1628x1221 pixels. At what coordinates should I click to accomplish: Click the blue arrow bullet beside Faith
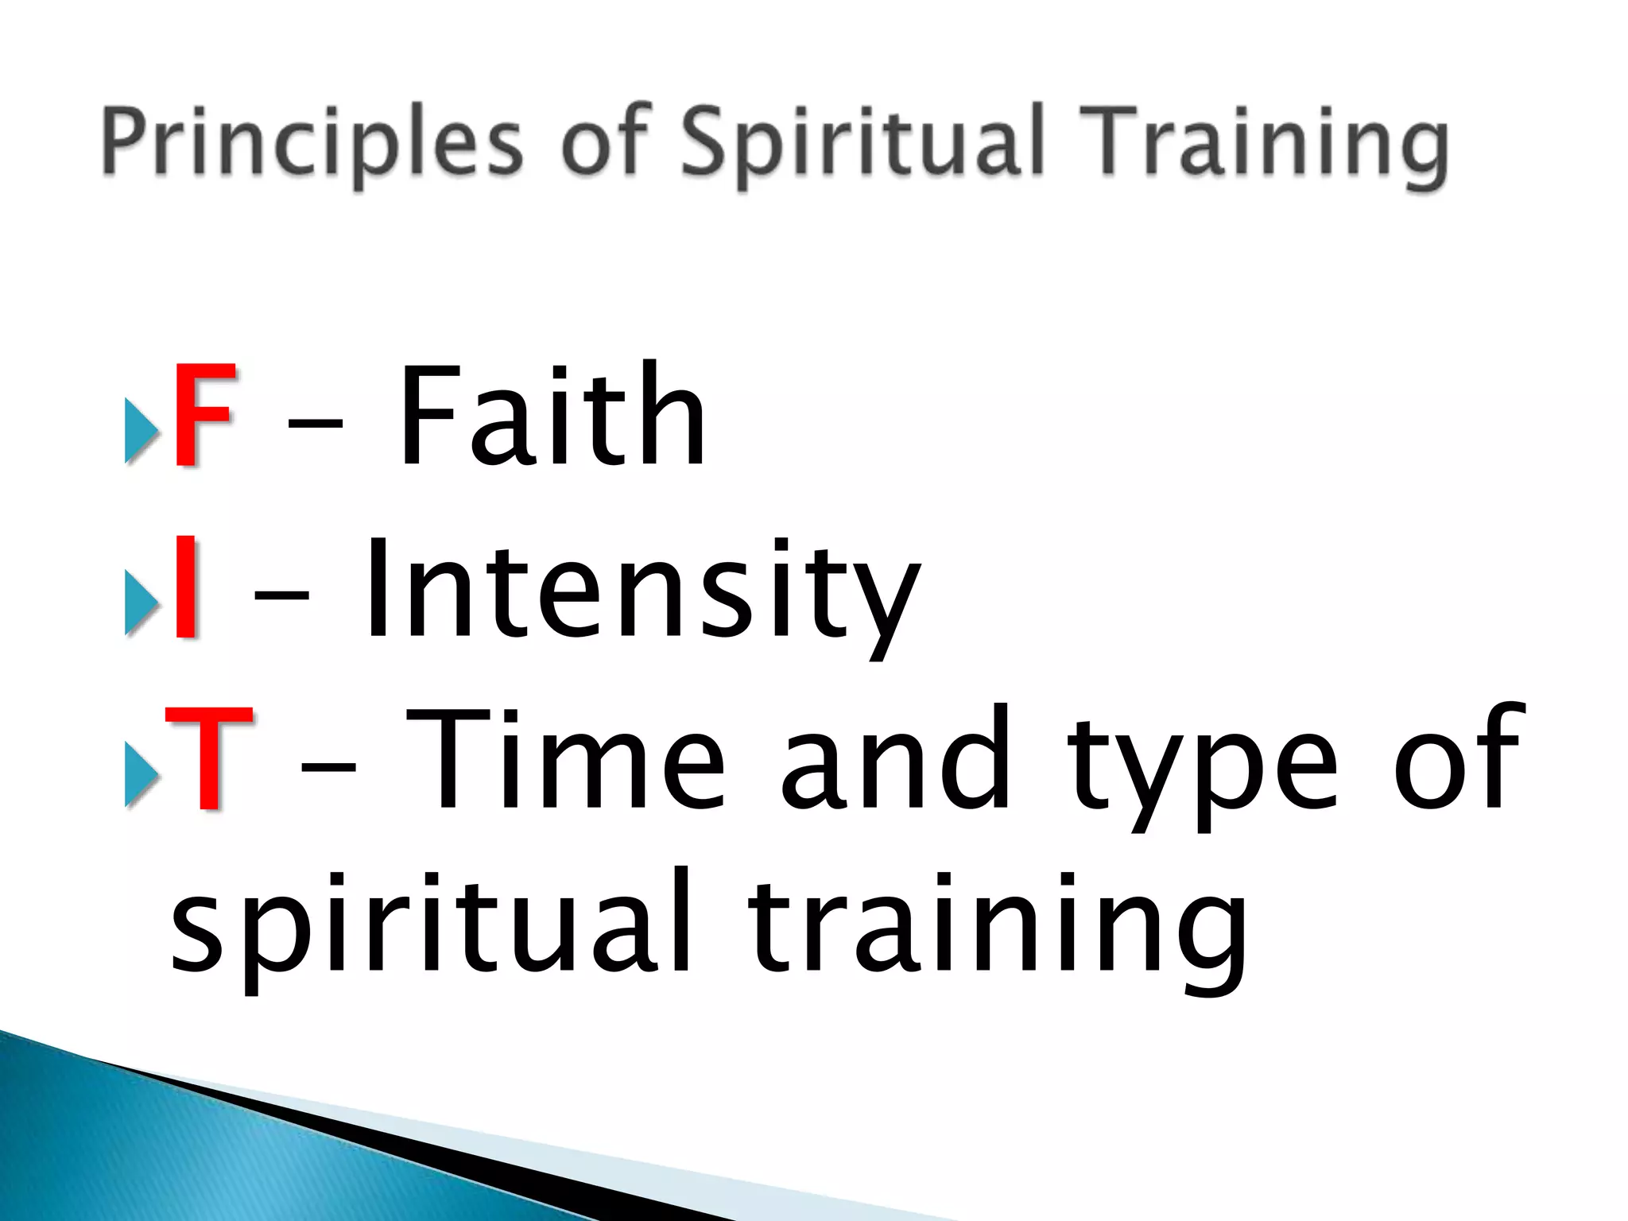click(141, 431)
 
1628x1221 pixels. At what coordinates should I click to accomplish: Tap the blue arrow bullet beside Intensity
click(141, 604)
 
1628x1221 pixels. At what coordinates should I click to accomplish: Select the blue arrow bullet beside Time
click(141, 776)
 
